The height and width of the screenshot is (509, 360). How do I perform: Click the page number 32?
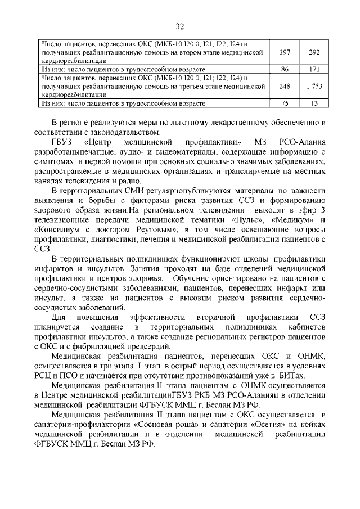[180, 26]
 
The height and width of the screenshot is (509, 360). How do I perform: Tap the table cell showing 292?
[314, 52]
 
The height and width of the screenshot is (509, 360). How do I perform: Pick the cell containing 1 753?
[314, 87]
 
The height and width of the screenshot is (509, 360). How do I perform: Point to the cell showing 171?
[314, 69]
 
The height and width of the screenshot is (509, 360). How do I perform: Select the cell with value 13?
[314, 103]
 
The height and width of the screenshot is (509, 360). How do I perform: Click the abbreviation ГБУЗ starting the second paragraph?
[63, 141]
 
